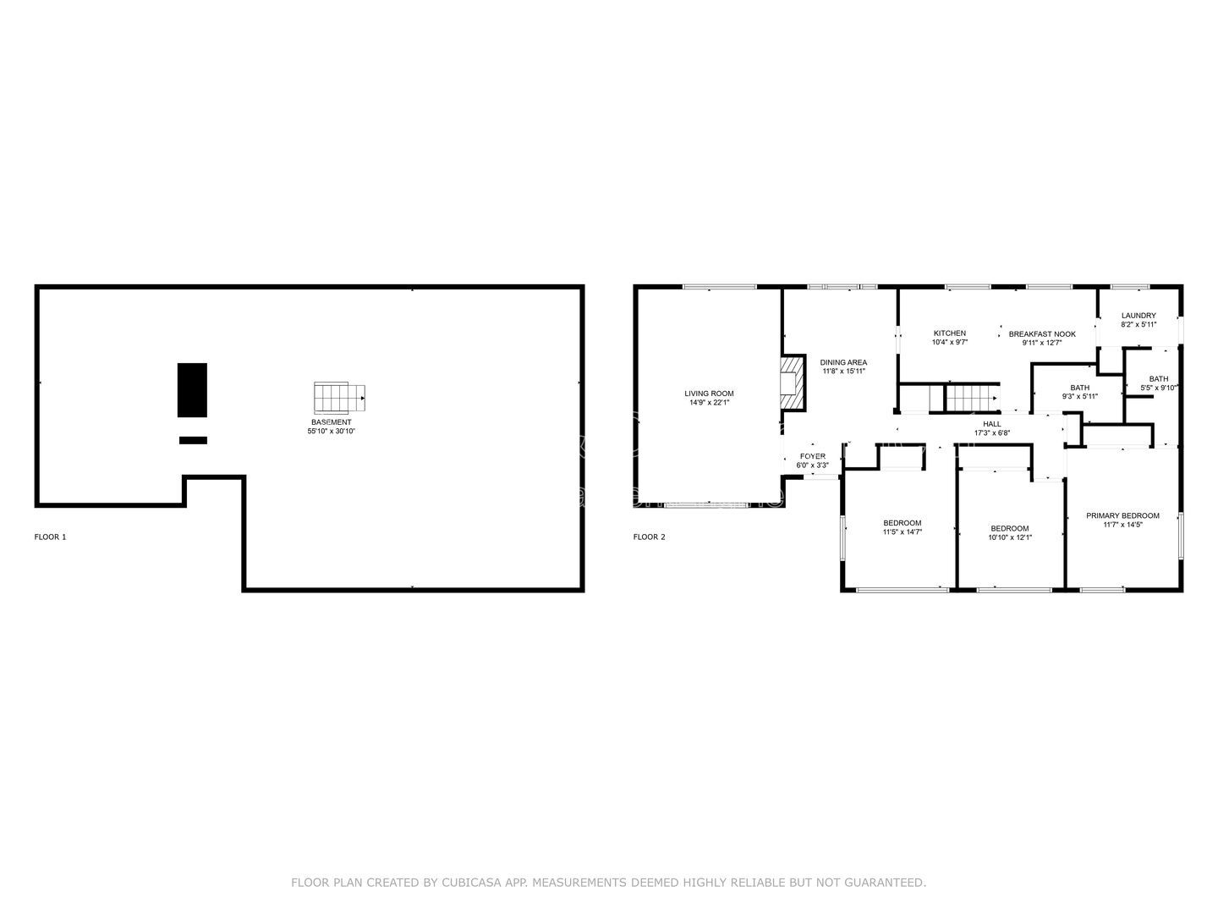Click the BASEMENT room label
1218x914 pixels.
click(x=331, y=422)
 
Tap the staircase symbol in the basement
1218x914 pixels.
click(x=339, y=396)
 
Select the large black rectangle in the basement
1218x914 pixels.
click(x=192, y=390)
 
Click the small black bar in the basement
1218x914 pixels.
click(x=193, y=440)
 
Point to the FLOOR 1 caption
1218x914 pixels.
click(x=50, y=537)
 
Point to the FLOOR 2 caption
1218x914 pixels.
click(x=650, y=537)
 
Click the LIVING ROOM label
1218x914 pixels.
click(x=709, y=394)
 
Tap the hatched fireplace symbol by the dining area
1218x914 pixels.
click(x=793, y=382)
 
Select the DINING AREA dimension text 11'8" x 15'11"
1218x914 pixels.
click(x=843, y=372)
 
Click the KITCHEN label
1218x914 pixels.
click(x=949, y=333)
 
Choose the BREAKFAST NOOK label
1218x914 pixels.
click(x=1042, y=334)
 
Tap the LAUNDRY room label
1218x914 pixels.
click(x=1138, y=316)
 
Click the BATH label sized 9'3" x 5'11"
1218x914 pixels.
click(x=1079, y=388)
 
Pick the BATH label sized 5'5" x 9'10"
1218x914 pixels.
click(x=1158, y=379)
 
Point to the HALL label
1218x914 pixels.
click(x=991, y=425)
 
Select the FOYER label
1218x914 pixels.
click(x=812, y=457)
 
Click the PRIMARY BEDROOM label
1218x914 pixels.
click(x=1122, y=515)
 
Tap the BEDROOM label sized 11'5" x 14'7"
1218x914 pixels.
click(x=902, y=523)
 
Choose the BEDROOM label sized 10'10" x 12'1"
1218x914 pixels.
click(x=1009, y=529)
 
